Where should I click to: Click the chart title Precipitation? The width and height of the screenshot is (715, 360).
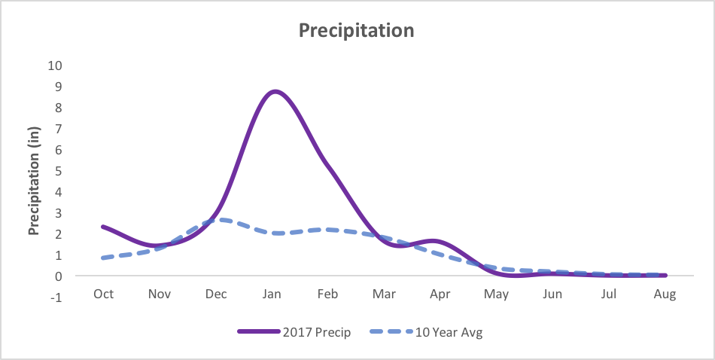(356, 30)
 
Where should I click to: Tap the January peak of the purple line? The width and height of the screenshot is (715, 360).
(274, 92)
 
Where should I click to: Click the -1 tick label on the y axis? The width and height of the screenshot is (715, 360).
(57, 297)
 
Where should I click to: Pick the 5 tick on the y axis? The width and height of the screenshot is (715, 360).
(57, 170)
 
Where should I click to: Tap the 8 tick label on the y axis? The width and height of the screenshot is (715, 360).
(57, 107)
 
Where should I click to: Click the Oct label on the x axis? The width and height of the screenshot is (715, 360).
(103, 294)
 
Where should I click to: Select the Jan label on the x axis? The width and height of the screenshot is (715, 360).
(272, 294)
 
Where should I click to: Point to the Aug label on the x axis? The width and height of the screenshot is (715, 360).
(665, 294)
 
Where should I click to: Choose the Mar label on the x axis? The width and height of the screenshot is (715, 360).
(384, 294)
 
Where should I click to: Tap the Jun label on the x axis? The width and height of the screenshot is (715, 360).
(552, 294)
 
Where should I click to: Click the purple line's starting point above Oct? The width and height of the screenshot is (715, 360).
(103, 227)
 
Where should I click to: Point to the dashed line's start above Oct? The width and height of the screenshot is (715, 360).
(103, 258)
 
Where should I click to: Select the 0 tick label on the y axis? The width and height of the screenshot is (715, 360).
(57, 276)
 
